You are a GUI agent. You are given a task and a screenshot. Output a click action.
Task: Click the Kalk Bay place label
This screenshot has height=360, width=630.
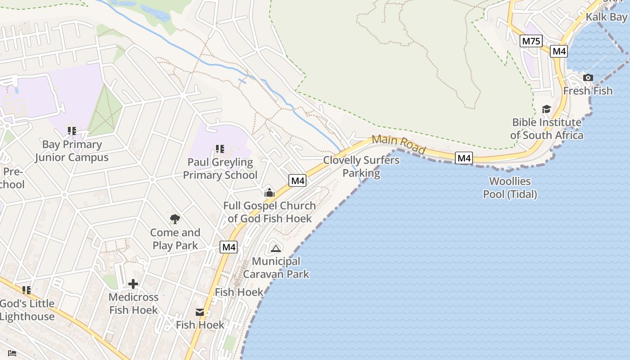[x=606, y=17]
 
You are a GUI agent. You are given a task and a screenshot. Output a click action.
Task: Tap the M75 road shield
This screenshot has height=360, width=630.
[x=531, y=41]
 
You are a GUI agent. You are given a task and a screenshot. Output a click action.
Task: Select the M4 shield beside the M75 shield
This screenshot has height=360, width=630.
[x=559, y=51]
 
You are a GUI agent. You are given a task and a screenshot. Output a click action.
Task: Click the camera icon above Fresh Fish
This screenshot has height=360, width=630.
[x=588, y=78]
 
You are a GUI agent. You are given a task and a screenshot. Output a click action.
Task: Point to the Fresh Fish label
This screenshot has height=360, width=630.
[x=588, y=91]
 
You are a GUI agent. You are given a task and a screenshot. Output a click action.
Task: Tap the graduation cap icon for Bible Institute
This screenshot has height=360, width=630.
[x=546, y=109]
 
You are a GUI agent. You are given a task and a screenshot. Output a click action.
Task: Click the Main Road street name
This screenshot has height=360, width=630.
[x=398, y=144]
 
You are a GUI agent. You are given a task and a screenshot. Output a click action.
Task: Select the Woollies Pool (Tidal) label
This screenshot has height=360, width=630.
[x=510, y=188]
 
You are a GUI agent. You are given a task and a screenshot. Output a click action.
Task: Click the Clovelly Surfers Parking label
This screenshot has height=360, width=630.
[x=361, y=166]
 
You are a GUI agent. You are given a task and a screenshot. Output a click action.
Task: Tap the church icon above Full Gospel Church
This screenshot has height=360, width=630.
[x=270, y=193]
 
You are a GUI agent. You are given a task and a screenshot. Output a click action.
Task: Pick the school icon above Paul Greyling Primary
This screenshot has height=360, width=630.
[x=220, y=149]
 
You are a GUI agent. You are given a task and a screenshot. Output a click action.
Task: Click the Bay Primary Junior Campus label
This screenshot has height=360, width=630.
[x=72, y=151]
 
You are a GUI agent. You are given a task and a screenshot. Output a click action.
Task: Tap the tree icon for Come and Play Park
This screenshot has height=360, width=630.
[x=175, y=220]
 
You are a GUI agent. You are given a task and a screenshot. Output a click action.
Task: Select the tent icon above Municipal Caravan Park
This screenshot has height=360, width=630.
[x=275, y=248]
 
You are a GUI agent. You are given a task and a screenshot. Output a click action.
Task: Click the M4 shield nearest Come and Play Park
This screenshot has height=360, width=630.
[x=229, y=247]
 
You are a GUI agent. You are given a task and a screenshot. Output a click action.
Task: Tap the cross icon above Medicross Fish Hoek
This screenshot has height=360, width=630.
[x=133, y=284]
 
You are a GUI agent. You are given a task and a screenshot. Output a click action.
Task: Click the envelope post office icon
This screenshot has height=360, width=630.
[x=200, y=312]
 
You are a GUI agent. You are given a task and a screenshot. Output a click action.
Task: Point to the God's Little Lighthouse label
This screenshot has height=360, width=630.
[x=27, y=310]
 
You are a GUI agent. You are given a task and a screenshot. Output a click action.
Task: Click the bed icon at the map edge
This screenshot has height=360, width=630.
[x=12, y=353]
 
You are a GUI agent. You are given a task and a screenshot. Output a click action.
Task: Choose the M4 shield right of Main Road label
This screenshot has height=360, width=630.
[x=463, y=158]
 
